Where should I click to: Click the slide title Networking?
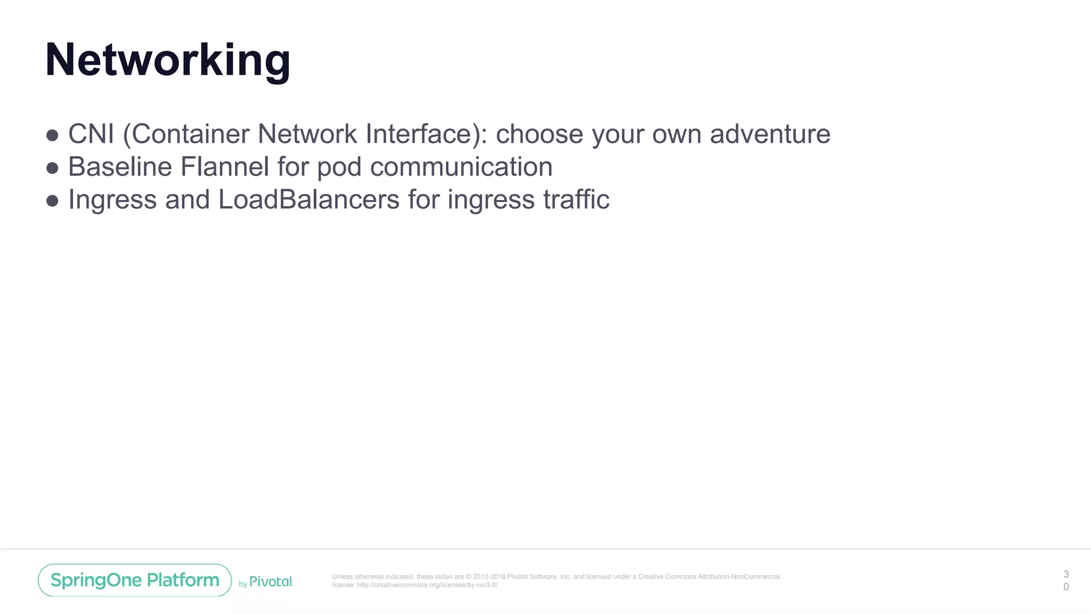click(168, 60)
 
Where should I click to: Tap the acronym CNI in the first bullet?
click(91, 134)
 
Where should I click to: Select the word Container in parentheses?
click(190, 134)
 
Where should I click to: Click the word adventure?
click(770, 134)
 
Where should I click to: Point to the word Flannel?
click(224, 167)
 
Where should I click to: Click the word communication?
click(461, 167)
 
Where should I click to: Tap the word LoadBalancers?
click(309, 200)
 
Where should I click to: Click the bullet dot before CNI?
click(52, 135)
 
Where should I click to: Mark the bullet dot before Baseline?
click(52, 168)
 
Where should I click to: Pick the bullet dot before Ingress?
click(52, 201)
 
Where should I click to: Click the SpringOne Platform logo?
click(135, 580)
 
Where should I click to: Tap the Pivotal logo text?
click(271, 581)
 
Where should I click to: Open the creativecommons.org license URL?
click(427, 585)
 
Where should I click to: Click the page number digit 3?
click(1066, 574)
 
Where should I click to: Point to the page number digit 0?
click(1066, 586)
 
